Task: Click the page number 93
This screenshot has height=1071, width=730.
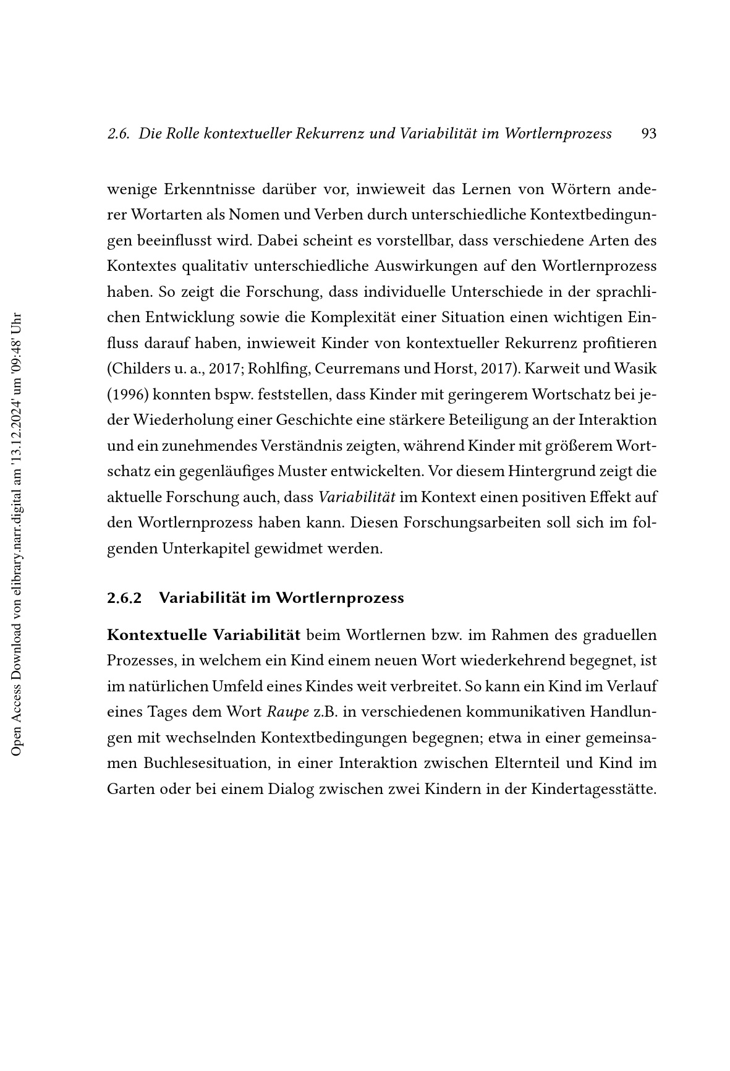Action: (648, 134)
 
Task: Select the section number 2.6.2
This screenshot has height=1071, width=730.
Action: (124, 598)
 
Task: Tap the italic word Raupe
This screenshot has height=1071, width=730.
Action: (287, 712)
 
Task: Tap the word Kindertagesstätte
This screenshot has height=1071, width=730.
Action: (593, 790)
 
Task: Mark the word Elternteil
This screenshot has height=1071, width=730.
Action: (527, 764)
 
